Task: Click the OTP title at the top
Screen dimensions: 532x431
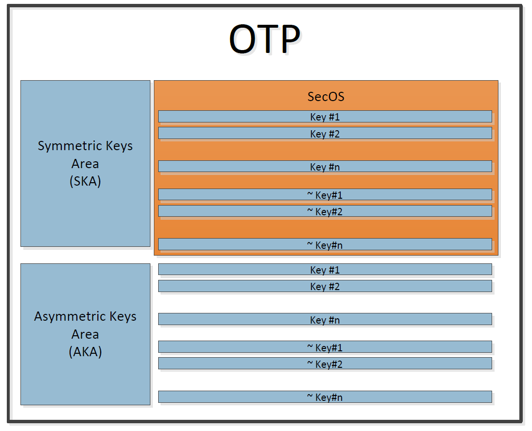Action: tap(265, 38)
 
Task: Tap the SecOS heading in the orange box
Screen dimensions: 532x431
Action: tap(326, 97)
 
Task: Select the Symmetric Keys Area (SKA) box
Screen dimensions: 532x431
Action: tap(85, 163)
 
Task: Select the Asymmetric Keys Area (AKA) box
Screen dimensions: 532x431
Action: tap(85, 334)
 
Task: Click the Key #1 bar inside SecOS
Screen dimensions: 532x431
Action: tap(325, 116)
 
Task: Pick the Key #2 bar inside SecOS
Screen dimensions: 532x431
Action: tap(325, 133)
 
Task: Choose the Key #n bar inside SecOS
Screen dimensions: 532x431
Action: tap(325, 166)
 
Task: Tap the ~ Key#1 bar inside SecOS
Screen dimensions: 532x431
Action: tap(325, 194)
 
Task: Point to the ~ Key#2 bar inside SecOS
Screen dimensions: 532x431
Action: tap(325, 211)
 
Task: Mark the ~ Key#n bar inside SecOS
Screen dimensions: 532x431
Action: tap(325, 244)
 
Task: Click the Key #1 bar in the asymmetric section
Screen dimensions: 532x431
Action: tap(325, 269)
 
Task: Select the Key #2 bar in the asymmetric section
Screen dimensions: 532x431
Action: tap(325, 286)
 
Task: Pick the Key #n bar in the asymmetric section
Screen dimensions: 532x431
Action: tap(325, 319)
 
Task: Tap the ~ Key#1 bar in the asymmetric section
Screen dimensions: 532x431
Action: tap(325, 347)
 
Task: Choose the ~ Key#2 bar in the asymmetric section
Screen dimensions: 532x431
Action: tap(325, 363)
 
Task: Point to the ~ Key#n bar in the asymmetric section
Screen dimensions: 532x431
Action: tap(325, 397)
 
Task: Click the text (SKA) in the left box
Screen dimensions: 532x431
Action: tap(85, 181)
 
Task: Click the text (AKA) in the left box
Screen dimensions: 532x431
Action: tap(85, 352)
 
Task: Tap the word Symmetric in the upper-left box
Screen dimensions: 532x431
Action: tap(70, 146)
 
